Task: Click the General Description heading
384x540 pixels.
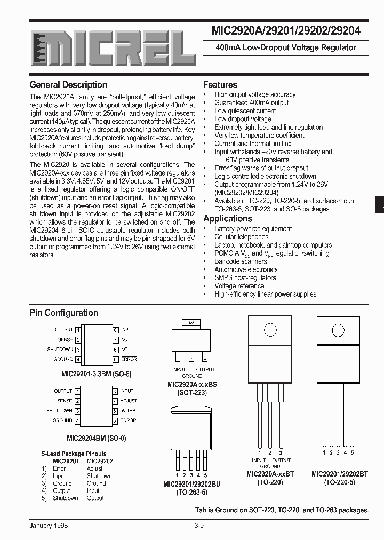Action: coord(68,85)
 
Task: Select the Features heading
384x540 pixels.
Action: coord(220,85)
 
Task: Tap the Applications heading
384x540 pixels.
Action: coord(228,219)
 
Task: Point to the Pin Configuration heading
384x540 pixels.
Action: coord(63,313)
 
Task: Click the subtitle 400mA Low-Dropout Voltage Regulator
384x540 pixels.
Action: coord(285,47)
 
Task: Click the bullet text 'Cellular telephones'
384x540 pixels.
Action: coord(241,237)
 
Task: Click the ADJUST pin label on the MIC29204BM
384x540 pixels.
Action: coord(129,401)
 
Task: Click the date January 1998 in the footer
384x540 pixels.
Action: coord(49,526)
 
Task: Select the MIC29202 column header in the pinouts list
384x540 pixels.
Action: coord(100,461)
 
